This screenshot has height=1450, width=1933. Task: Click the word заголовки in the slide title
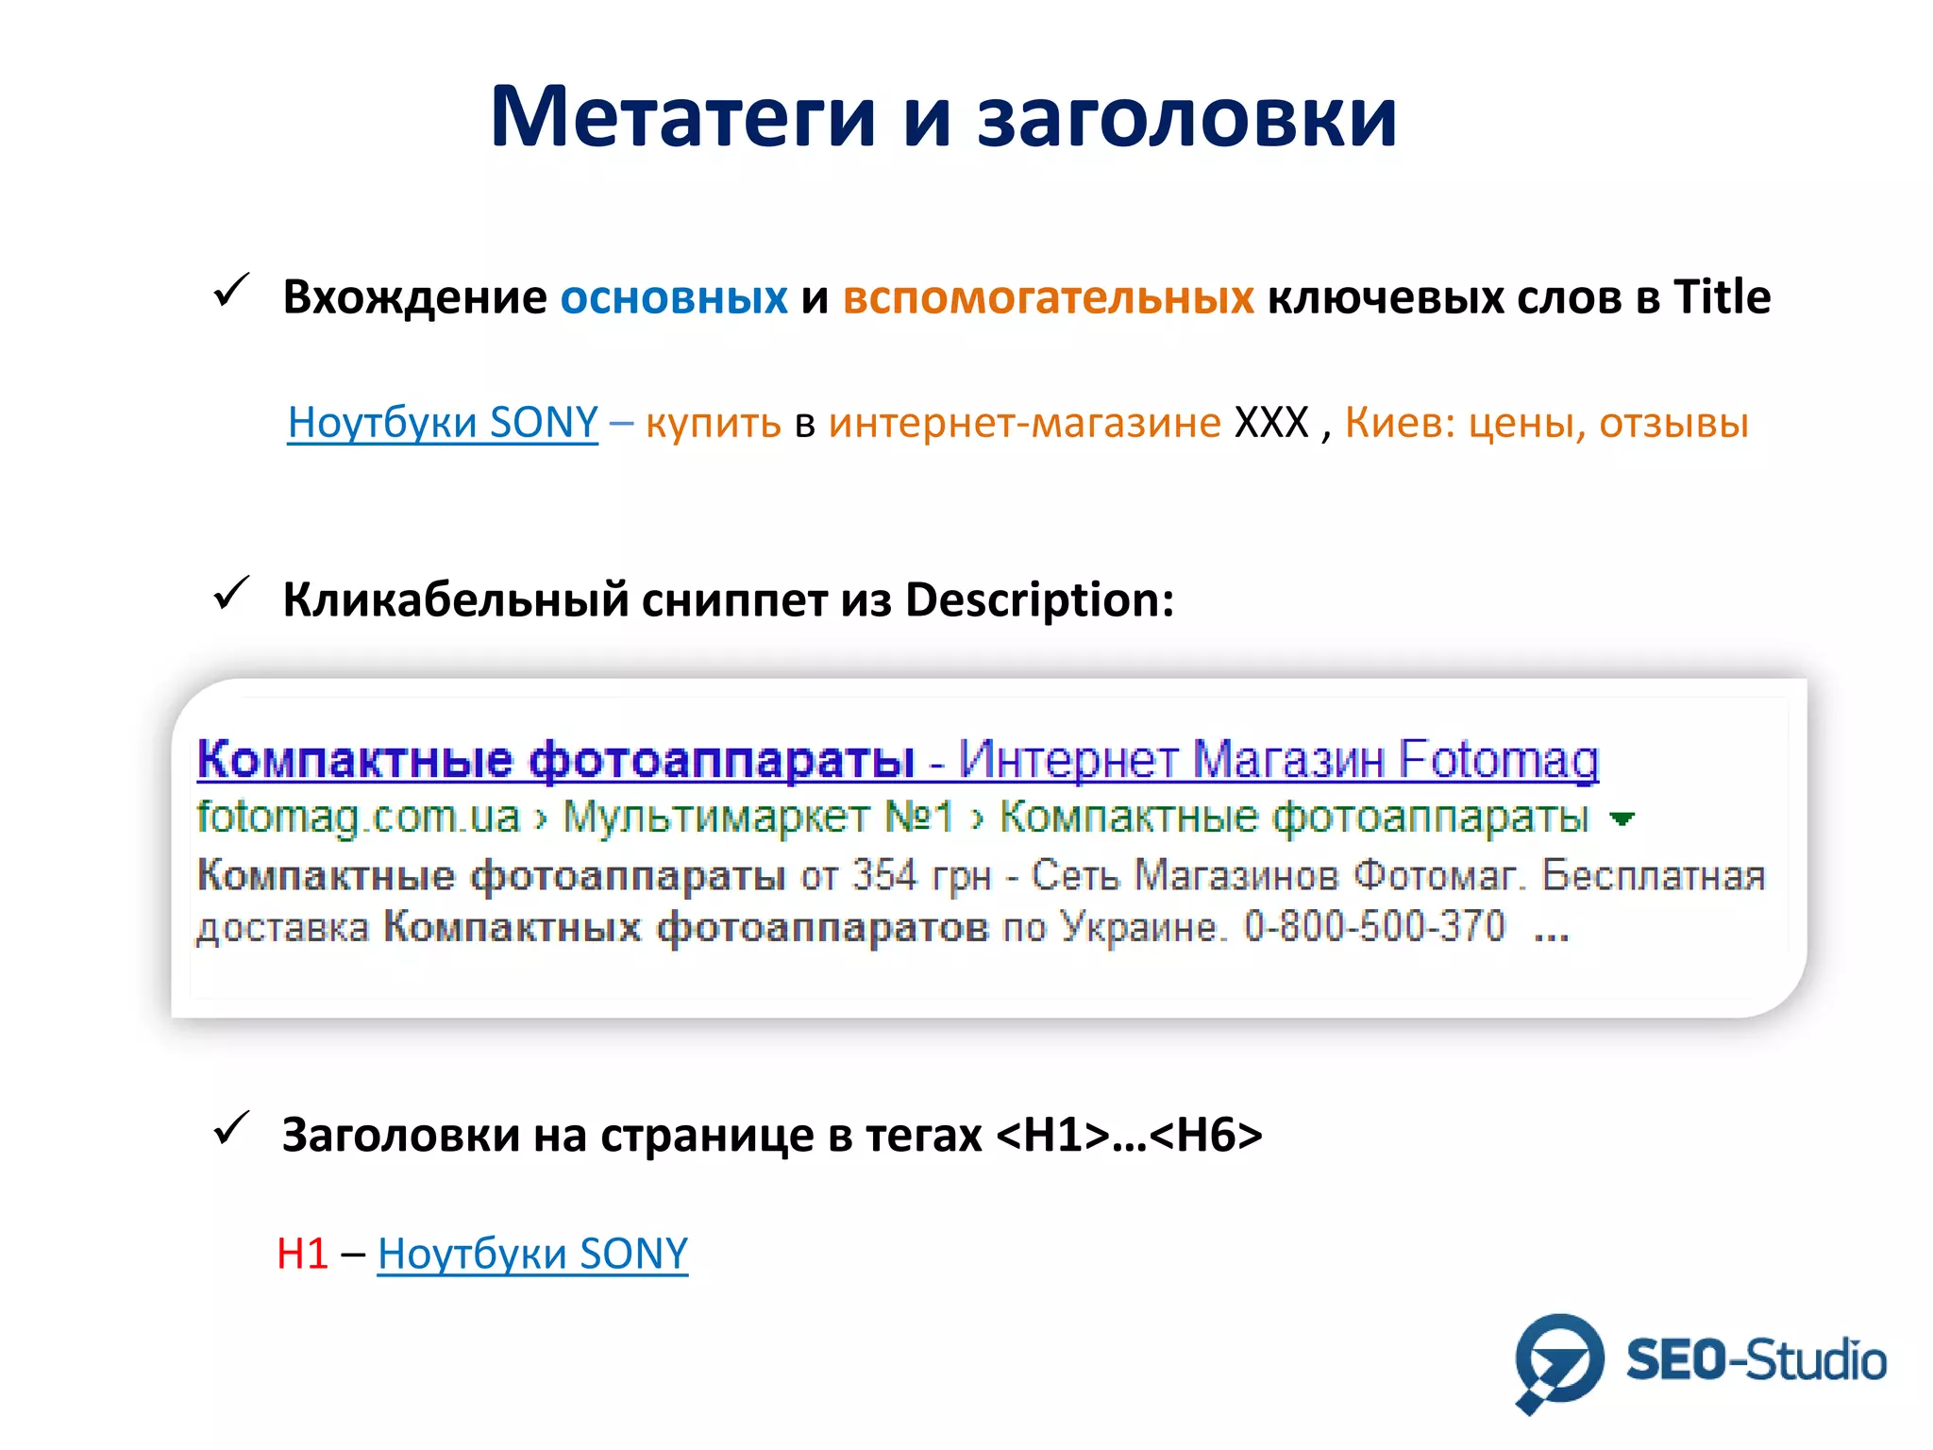pos(1186,119)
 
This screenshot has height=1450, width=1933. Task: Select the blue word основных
pos(674,297)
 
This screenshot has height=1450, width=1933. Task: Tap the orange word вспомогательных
pos(1048,297)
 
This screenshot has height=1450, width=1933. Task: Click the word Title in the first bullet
pos(1722,296)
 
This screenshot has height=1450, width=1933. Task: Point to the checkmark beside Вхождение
pos(231,291)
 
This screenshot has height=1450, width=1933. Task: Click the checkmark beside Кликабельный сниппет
pos(231,594)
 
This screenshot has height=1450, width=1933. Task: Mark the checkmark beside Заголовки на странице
pos(231,1128)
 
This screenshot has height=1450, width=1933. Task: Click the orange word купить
pos(714,423)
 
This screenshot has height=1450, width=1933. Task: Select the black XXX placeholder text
pos(1271,423)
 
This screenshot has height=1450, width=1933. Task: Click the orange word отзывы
pos(1673,423)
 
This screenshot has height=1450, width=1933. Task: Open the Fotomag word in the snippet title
pos(1499,760)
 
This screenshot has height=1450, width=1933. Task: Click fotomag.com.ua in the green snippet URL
pos(358,818)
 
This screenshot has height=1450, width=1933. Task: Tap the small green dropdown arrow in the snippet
pos(1622,819)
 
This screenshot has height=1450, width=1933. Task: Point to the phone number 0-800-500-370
pos(1373,927)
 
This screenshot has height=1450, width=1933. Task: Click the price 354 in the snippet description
pos(884,875)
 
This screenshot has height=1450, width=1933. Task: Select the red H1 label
pos(302,1254)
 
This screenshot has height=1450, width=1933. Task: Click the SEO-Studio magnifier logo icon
pos(1558,1360)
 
